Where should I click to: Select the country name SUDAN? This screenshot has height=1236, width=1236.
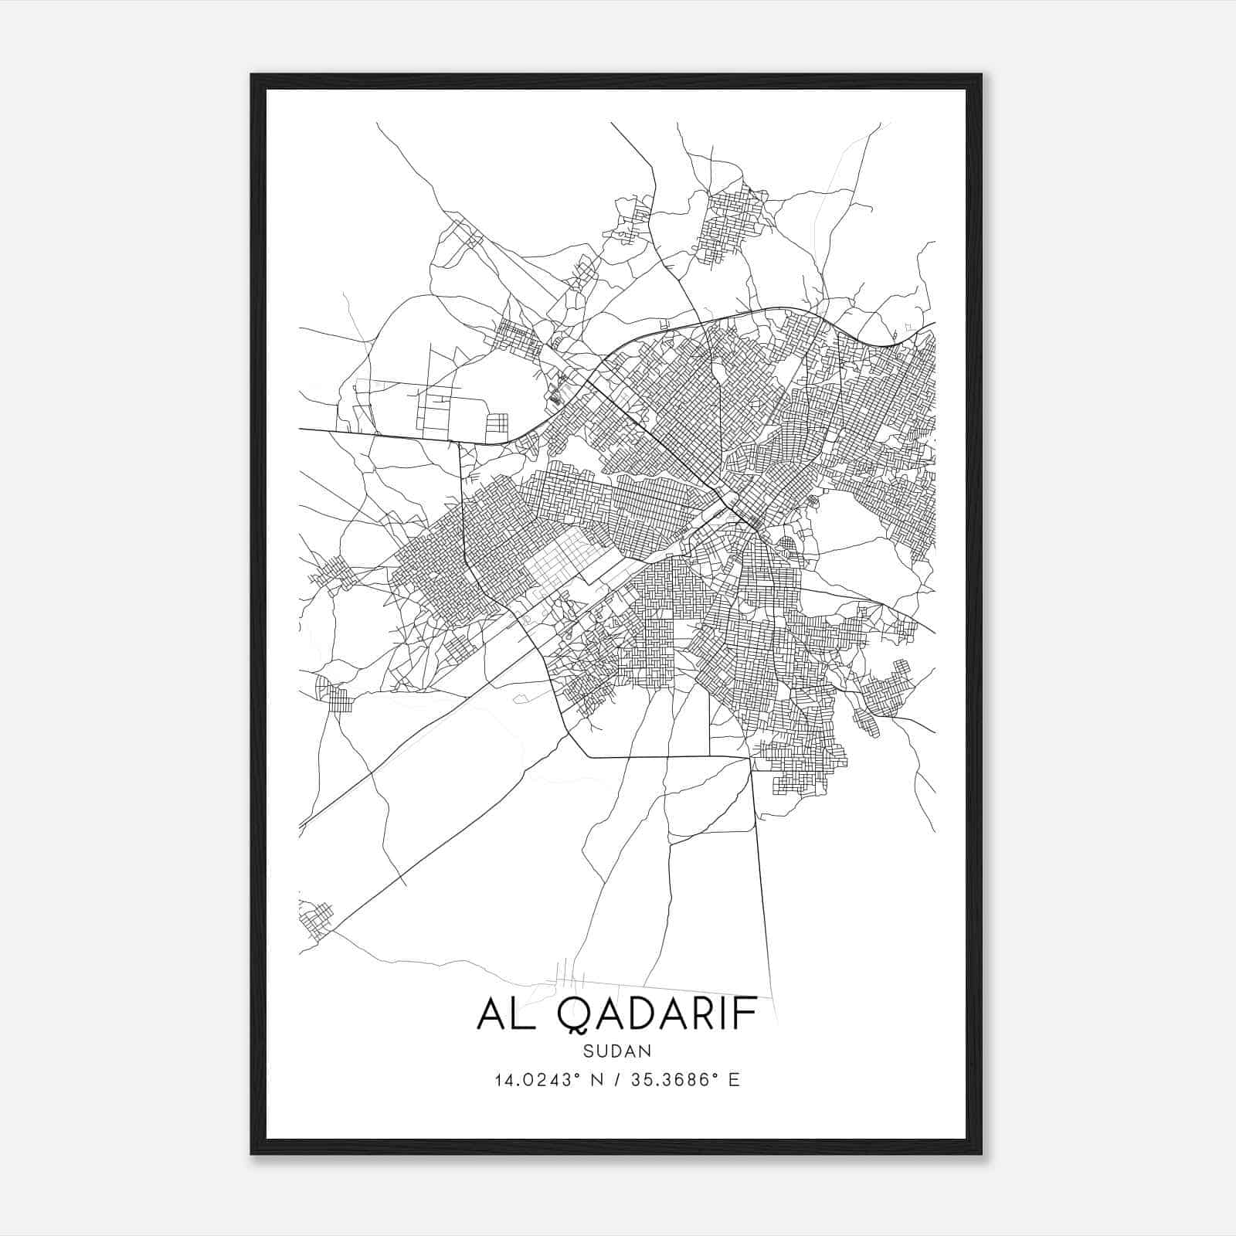[618, 1051]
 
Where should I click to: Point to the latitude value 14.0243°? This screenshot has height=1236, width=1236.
[538, 1080]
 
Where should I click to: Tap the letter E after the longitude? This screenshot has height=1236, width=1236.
[734, 1080]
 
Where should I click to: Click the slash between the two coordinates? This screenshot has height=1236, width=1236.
[616, 1080]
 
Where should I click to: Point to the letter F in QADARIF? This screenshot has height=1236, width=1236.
[745, 1014]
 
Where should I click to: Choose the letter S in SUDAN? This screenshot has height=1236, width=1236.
[589, 1051]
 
